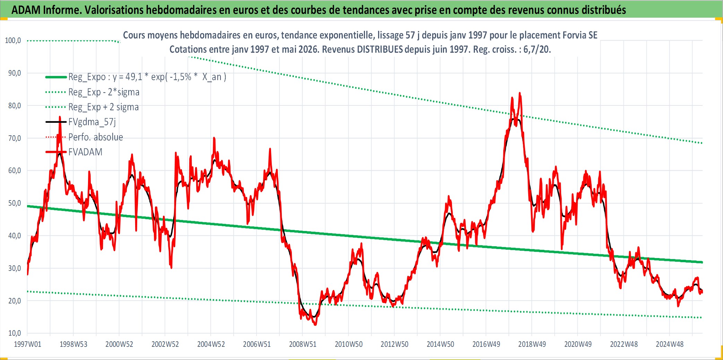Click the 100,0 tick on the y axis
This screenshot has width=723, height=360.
tap(13, 41)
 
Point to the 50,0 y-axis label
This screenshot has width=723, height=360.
tap(15, 203)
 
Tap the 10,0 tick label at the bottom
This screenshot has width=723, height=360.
tap(15, 333)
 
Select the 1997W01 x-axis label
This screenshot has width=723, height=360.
tap(27, 344)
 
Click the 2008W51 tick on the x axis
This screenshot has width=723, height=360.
tap(303, 344)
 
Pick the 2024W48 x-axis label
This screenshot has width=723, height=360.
tap(670, 344)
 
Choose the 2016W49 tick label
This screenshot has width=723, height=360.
tap(486, 344)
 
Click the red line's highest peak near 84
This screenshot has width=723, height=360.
tap(520, 93)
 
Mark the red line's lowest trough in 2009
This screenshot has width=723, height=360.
tap(315, 325)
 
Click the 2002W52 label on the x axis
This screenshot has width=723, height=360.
tap(165, 344)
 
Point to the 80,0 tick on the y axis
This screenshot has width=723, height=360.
tap(15, 106)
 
